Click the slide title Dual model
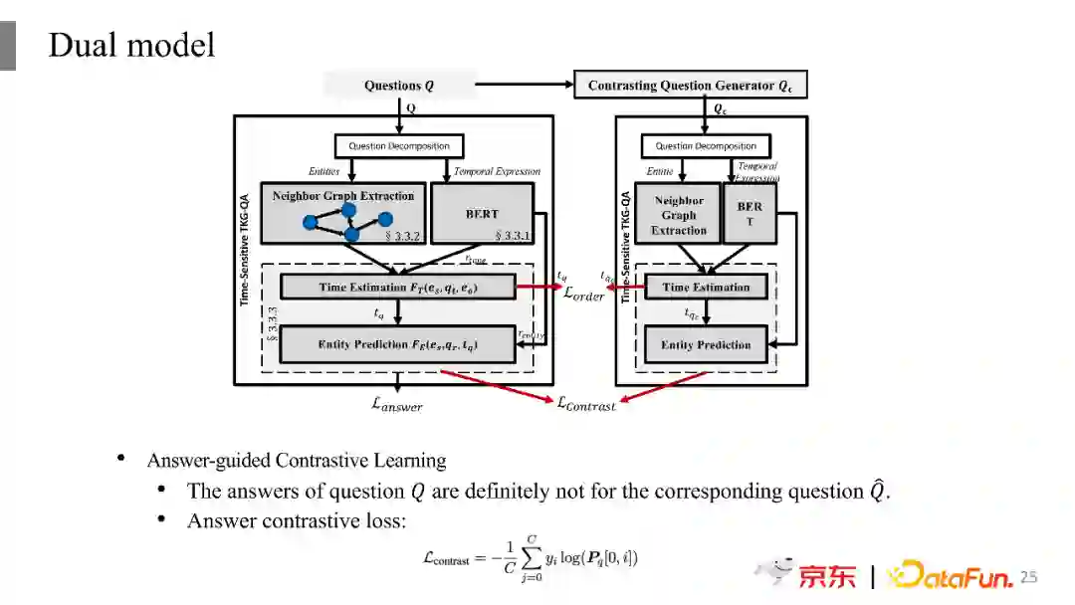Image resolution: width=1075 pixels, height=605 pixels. click(x=131, y=46)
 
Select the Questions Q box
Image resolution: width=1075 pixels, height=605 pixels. click(x=399, y=86)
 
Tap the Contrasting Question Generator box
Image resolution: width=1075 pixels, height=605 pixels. click(x=690, y=86)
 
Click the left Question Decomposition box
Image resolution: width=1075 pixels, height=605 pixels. click(x=398, y=146)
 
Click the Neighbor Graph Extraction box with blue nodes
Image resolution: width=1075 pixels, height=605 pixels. click(x=343, y=212)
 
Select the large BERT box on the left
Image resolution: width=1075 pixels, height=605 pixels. click(x=482, y=213)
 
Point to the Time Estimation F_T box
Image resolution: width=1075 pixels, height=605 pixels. click(x=398, y=288)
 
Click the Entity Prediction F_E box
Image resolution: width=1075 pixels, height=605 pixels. click(x=398, y=344)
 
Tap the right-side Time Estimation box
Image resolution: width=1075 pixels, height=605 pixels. click(x=706, y=288)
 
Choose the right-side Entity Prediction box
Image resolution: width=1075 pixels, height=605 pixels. click(x=706, y=344)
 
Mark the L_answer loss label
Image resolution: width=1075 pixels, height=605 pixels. click(x=397, y=404)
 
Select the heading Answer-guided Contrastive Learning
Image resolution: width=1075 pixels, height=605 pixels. click(x=297, y=461)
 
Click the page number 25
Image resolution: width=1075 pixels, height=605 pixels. click(x=1028, y=577)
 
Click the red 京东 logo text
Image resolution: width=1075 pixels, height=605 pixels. click(x=826, y=576)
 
